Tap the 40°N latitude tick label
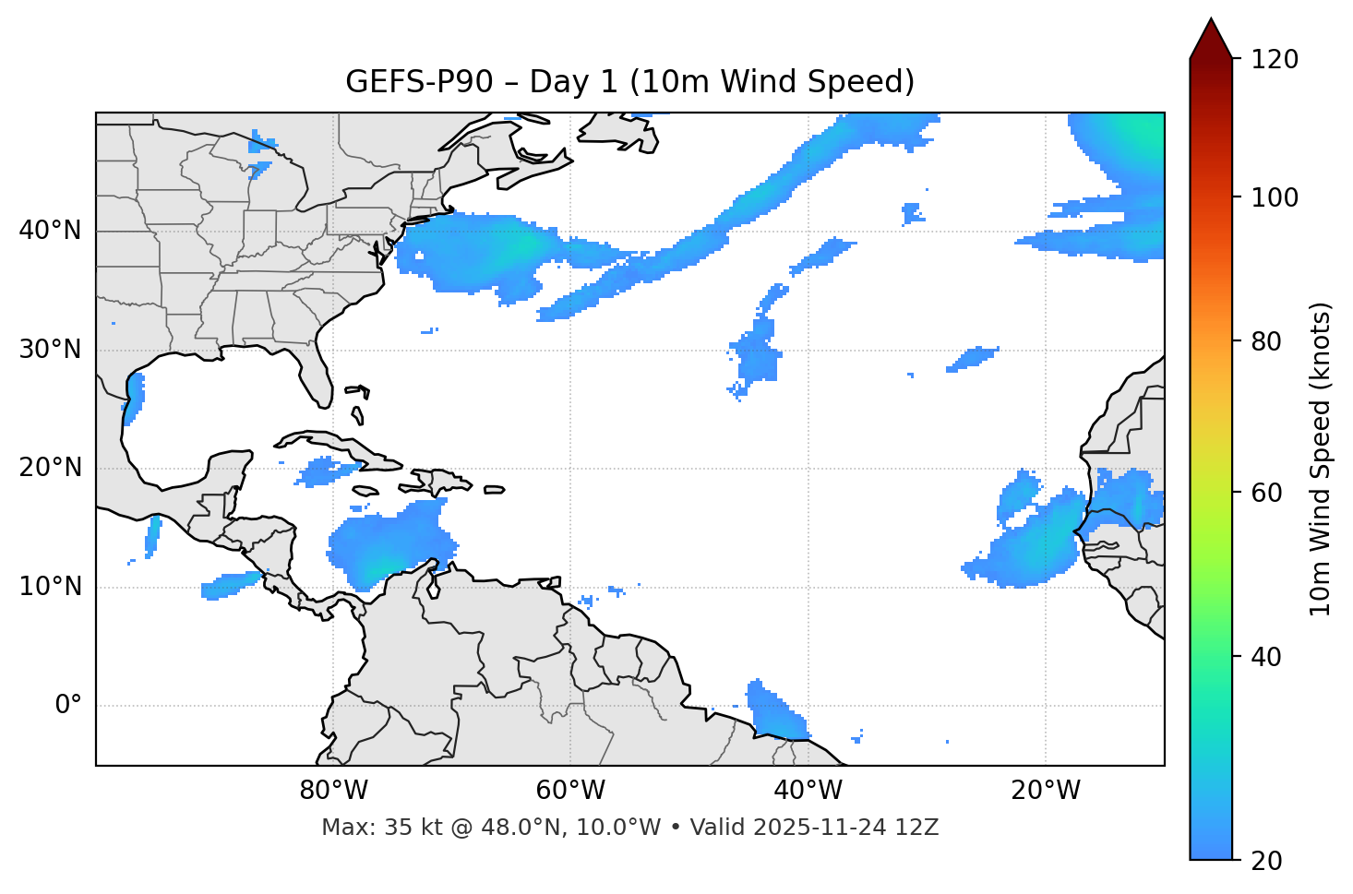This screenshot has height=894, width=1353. coord(50,231)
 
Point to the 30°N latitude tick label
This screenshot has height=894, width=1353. coord(50,350)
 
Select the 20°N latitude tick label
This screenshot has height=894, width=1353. coord(50,468)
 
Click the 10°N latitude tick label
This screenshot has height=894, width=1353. coord(50,587)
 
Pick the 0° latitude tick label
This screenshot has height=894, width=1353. coord(68,706)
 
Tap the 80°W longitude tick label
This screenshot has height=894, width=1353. coord(333,791)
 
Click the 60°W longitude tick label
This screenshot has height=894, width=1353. coord(570,791)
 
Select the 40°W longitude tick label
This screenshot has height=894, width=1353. coord(808,791)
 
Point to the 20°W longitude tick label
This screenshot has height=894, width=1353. coord(1045,791)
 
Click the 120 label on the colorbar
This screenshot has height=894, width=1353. coord(1275,60)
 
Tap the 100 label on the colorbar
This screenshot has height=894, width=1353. coord(1275,197)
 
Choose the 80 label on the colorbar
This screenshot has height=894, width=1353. coord(1268,341)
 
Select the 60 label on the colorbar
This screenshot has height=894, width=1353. coord(1268,493)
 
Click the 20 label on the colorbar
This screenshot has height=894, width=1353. coord(1268,861)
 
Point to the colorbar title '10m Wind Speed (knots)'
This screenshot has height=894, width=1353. coord(1321,459)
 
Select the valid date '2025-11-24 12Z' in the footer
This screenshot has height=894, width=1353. coord(846,828)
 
